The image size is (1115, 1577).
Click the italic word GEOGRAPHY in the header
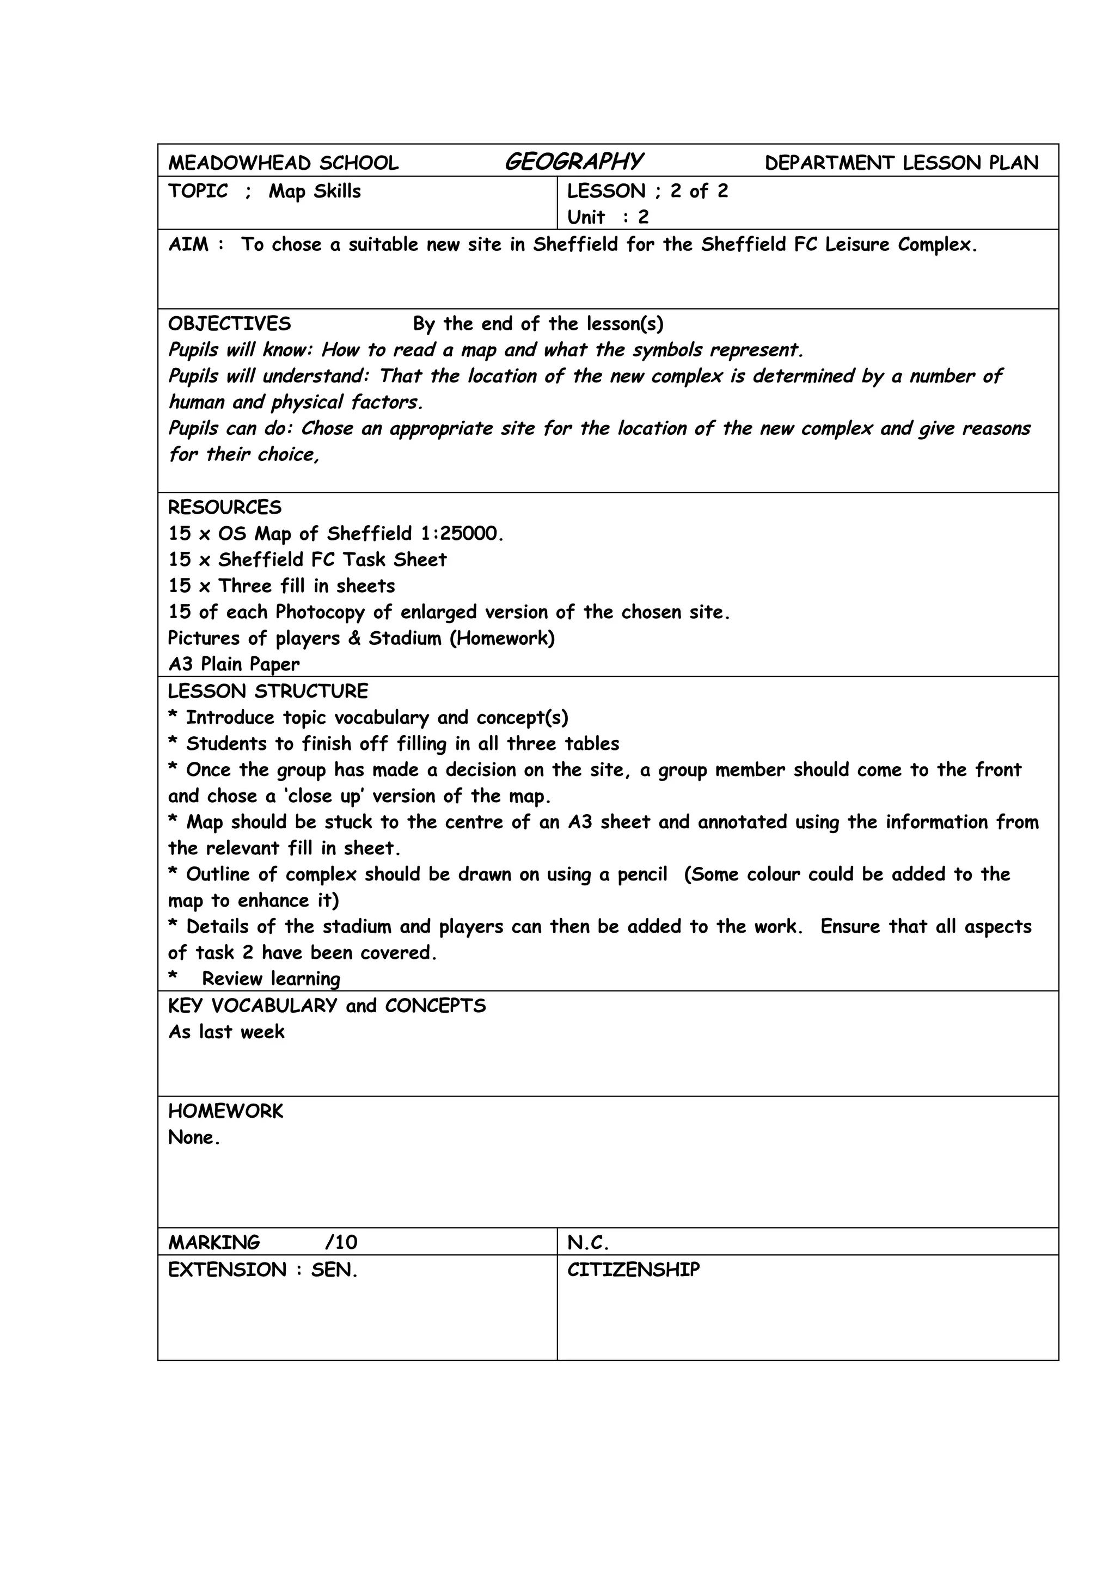[x=574, y=162]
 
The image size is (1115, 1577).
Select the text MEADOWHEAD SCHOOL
[x=283, y=163]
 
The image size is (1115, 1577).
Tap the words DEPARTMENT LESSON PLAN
[x=902, y=163]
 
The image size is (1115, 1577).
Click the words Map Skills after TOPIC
[x=315, y=191]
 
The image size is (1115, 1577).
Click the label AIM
[x=188, y=244]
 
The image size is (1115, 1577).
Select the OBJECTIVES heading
[x=229, y=323]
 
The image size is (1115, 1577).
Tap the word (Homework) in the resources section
[x=502, y=638]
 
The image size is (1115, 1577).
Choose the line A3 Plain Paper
[x=234, y=664]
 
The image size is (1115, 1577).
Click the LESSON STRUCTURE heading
[x=268, y=691]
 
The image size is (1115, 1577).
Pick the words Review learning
[x=271, y=979]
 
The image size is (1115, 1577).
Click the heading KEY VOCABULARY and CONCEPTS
[x=327, y=1006]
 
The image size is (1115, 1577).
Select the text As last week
[x=226, y=1032]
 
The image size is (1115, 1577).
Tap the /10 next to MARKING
[x=341, y=1242]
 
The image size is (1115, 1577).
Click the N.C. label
[x=588, y=1242]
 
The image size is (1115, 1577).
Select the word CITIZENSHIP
[x=633, y=1270]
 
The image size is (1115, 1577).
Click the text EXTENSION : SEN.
[x=262, y=1270]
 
